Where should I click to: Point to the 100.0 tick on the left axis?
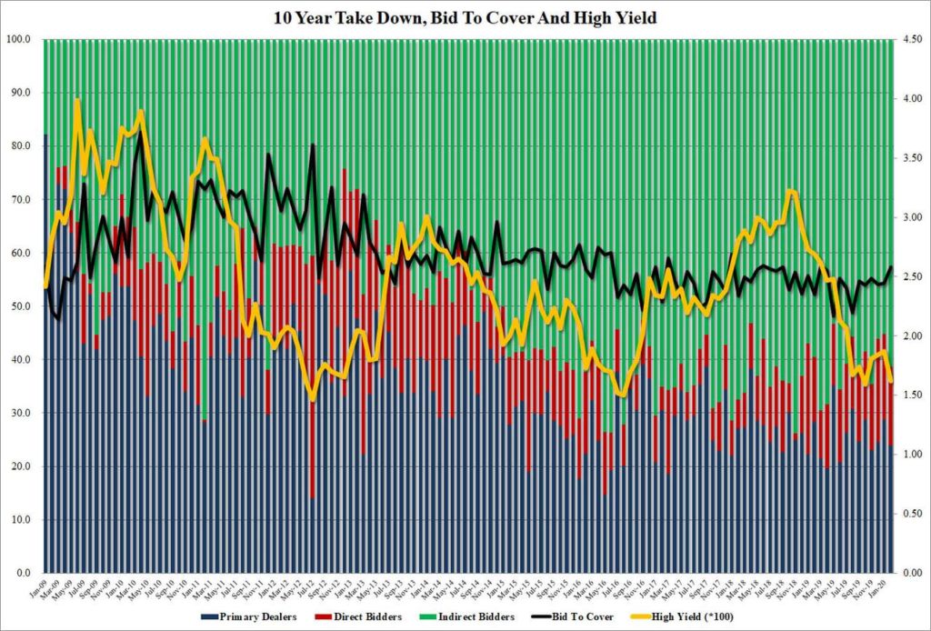(x=21, y=39)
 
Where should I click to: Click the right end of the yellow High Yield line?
(x=891, y=381)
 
